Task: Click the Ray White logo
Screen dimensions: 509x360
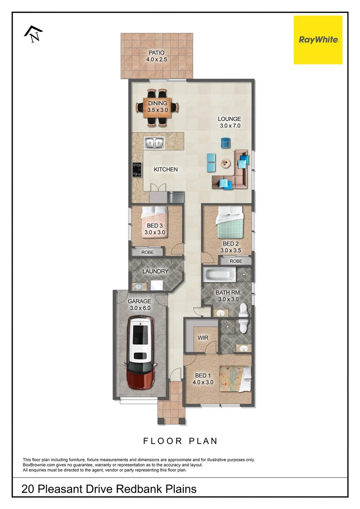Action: click(x=318, y=40)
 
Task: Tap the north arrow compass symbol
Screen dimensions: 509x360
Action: click(x=33, y=34)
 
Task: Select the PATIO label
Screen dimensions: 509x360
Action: click(x=157, y=53)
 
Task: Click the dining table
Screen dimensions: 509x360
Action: click(x=157, y=107)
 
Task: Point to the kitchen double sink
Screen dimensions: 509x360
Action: click(x=154, y=142)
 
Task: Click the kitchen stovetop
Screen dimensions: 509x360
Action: click(x=137, y=169)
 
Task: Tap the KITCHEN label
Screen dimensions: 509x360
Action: click(x=166, y=169)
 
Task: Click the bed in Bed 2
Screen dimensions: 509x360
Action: click(x=229, y=224)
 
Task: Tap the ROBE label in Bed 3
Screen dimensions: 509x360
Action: click(x=147, y=253)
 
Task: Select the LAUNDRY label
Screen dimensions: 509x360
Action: click(x=155, y=271)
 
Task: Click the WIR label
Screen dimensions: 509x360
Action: click(x=203, y=338)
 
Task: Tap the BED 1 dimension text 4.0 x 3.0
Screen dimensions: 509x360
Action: click(x=203, y=382)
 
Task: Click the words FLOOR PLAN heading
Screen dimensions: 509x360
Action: click(x=180, y=441)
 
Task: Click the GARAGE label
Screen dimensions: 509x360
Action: click(x=139, y=301)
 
